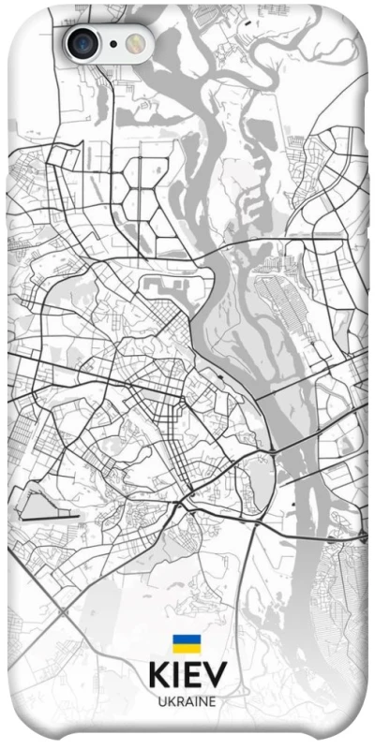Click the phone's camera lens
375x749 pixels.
82,42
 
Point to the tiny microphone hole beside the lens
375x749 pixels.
112,43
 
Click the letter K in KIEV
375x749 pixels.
157,676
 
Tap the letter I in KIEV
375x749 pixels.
173,676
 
